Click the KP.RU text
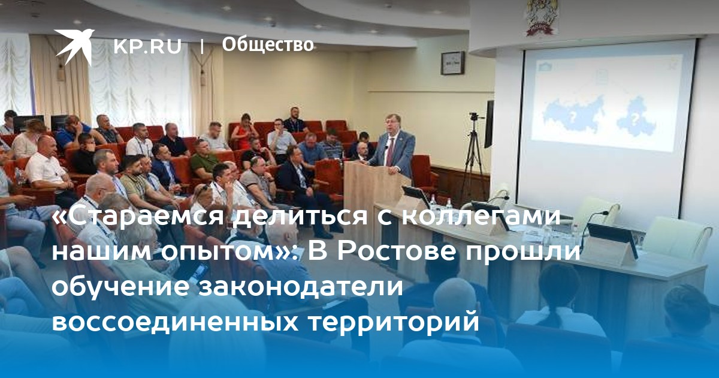(147, 47)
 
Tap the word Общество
(268, 45)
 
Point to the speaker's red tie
(390, 152)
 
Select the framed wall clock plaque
(452, 63)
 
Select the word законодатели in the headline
(300, 286)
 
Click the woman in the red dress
(244, 132)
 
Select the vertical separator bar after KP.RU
(202, 46)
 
